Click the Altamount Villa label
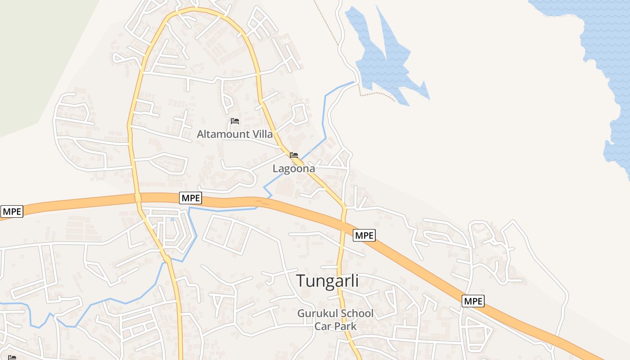pyautogui.click(x=234, y=134)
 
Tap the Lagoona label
pyautogui.click(x=294, y=169)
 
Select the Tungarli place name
pyautogui.click(x=328, y=281)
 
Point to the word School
pyautogui.click(x=357, y=313)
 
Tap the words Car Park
pyautogui.click(x=335, y=326)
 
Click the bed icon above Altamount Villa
pyautogui.click(x=234, y=121)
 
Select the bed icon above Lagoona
pyautogui.click(x=294, y=155)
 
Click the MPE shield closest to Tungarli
pyautogui.click(x=364, y=235)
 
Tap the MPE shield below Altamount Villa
pyautogui.click(x=191, y=198)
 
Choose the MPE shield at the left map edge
pyautogui.click(x=12, y=211)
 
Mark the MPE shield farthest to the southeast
pyautogui.click(x=473, y=301)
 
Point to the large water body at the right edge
pyautogui.click(x=603, y=54)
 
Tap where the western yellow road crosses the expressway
pyautogui.click(x=138, y=198)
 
